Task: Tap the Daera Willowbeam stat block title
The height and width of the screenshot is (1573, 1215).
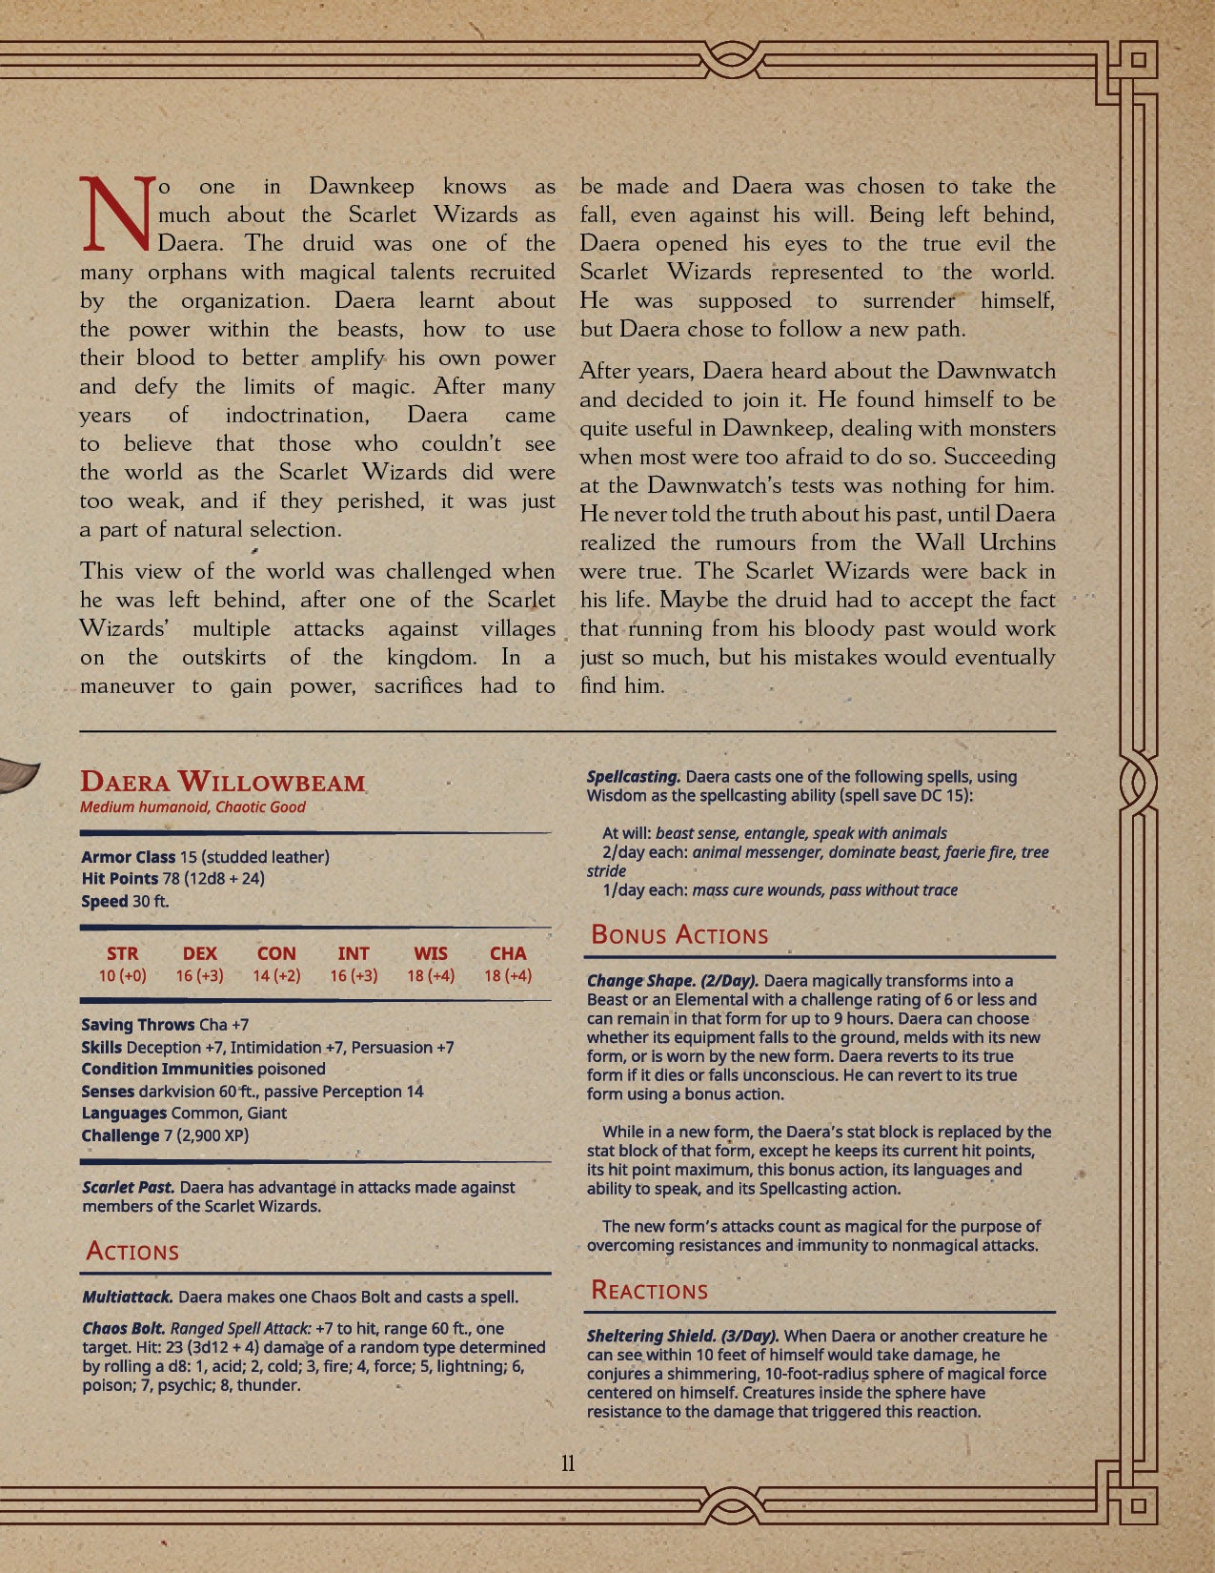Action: [x=223, y=783]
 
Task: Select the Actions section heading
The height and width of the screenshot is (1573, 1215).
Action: [x=132, y=1252]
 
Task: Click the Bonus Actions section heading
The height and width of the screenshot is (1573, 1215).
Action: [x=679, y=935]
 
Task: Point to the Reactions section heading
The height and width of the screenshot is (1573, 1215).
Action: [x=649, y=1291]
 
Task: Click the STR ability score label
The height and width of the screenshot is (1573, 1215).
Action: [x=122, y=953]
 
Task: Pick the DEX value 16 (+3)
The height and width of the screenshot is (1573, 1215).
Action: [x=199, y=976]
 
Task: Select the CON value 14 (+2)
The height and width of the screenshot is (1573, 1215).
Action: [x=276, y=976]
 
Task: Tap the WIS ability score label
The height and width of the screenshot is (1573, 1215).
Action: [x=431, y=953]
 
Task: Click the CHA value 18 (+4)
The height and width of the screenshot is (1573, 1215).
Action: [x=508, y=976]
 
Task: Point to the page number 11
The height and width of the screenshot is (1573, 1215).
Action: [x=568, y=1463]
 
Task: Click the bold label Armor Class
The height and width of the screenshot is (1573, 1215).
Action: [x=129, y=857]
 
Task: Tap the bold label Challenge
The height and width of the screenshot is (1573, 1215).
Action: [x=120, y=1135]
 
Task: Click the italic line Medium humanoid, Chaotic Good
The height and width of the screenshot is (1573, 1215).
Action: [x=192, y=807]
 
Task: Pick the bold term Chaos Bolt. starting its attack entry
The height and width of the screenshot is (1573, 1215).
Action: [x=124, y=1328]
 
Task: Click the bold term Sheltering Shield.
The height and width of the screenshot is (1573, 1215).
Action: [x=641, y=1337]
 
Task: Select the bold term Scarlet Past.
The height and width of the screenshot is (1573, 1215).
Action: [x=128, y=1188]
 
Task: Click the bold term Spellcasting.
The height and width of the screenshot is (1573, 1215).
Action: [x=634, y=777]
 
